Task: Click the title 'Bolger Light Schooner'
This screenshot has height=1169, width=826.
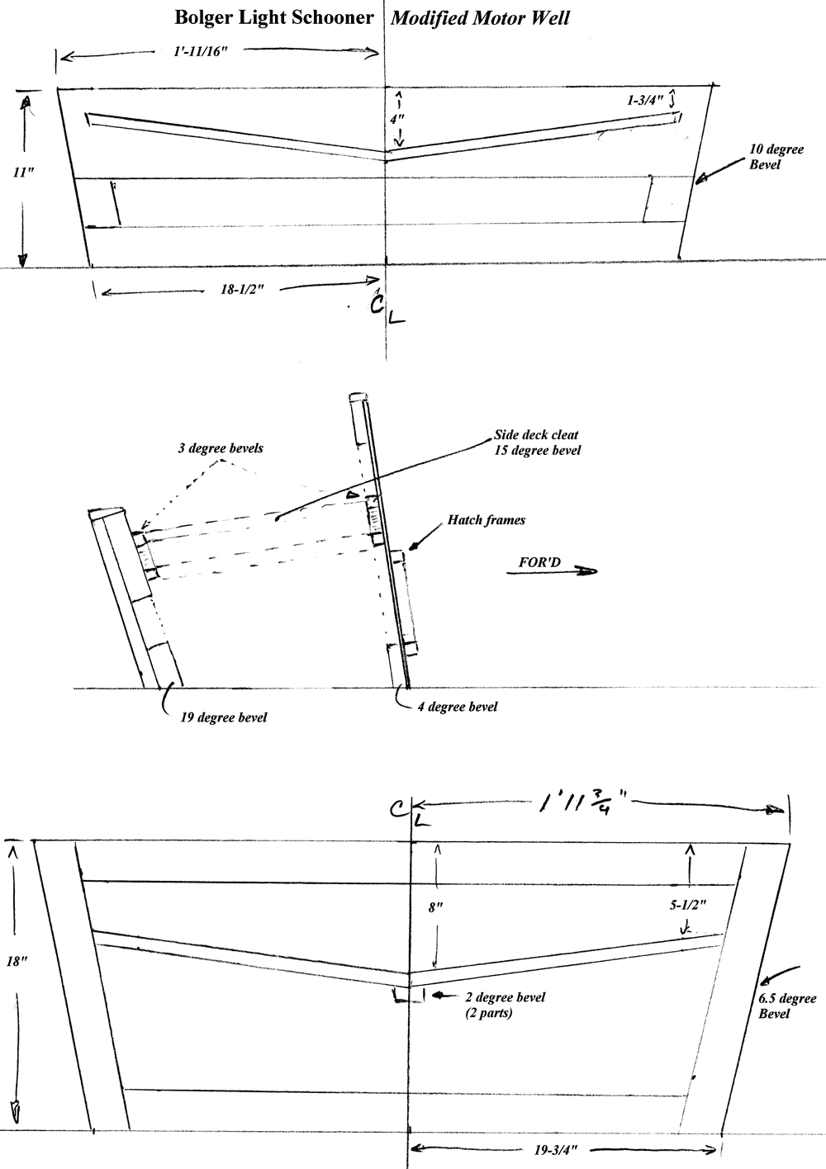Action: click(x=273, y=17)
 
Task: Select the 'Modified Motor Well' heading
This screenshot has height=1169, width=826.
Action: click(x=480, y=18)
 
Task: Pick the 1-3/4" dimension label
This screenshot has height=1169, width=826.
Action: click(x=645, y=101)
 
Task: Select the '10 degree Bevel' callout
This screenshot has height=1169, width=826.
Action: click(x=765, y=158)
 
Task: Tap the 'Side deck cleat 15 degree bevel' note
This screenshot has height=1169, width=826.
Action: click(x=538, y=443)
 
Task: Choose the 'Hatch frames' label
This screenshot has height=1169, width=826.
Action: click(x=487, y=520)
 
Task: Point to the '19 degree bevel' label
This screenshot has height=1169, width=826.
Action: click(x=224, y=717)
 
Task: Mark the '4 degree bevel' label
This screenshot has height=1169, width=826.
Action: click(x=458, y=707)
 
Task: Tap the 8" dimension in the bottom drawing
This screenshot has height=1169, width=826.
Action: click(x=436, y=906)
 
